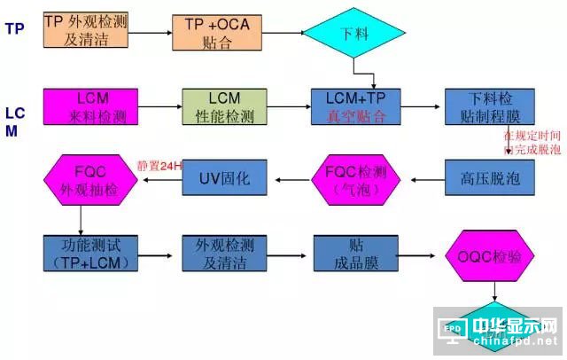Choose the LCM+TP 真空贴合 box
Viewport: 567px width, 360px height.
[353, 107]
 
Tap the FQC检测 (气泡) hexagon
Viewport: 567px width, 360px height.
[353, 180]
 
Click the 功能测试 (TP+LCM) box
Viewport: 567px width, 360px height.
[86, 254]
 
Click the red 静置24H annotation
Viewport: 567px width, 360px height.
[159, 165]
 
